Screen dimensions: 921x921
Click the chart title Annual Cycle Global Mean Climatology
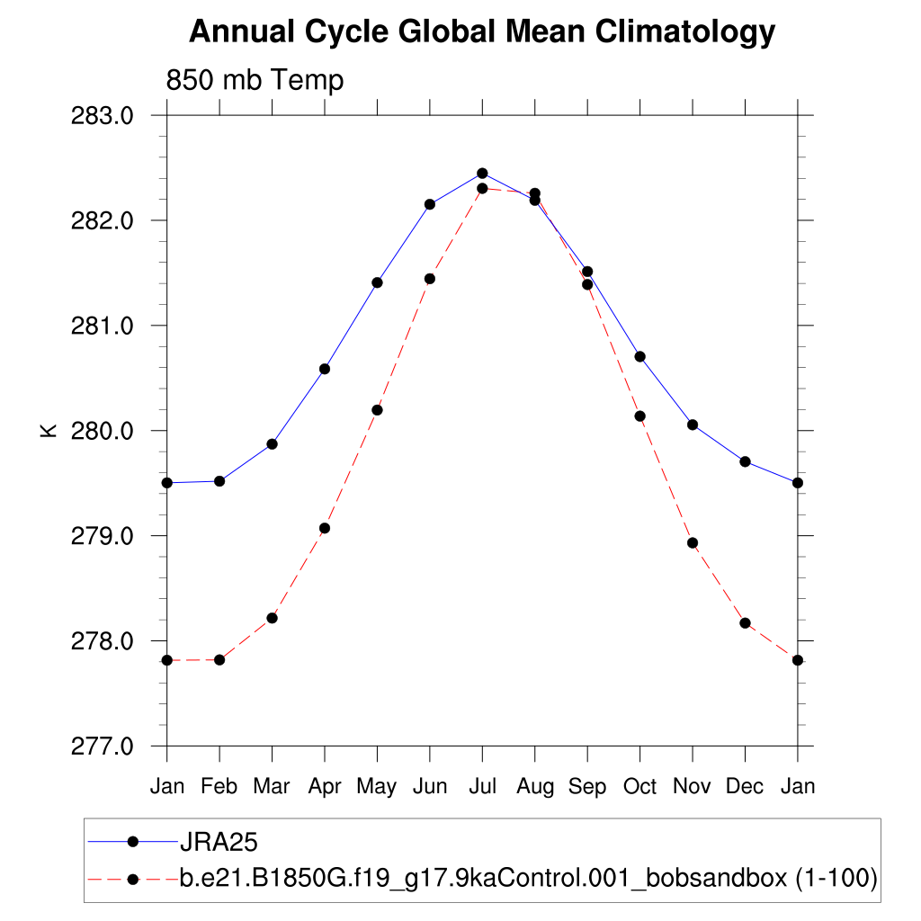click(x=482, y=32)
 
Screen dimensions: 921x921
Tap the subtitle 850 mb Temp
click(x=255, y=81)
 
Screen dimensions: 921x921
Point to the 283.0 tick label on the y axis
click(x=102, y=116)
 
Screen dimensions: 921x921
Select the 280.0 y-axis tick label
click(x=102, y=431)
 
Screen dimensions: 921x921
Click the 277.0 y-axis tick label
click(x=102, y=747)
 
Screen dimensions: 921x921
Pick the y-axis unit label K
click(x=49, y=431)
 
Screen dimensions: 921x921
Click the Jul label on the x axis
click(x=482, y=787)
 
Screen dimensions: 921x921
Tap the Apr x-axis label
click(x=325, y=787)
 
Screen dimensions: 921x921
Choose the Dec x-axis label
click(x=745, y=787)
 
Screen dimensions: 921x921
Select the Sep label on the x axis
click(x=587, y=787)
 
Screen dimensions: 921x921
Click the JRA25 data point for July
click(x=482, y=173)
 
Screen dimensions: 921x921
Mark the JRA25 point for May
click(x=377, y=282)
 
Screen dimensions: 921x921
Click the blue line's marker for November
click(x=693, y=425)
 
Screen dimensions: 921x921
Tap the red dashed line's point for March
click(x=272, y=618)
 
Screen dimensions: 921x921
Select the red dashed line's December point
click(x=745, y=623)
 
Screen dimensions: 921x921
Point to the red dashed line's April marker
click(x=325, y=528)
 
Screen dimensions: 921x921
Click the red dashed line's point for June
click(x=430, y=279)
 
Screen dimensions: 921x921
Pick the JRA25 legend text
click(x=219, y=842)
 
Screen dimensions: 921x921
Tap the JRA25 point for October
click(x=639, y=356)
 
